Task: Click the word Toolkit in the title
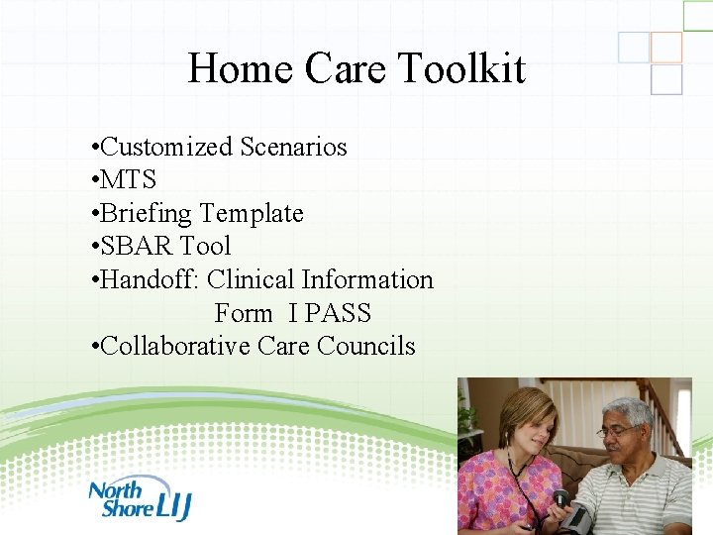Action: (461, 69)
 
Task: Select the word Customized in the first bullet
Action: (168, 148)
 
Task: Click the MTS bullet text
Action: (128, 180)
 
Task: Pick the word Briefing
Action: (146, 214)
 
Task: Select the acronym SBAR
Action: (136, 247)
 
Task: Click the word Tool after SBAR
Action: (205, 247)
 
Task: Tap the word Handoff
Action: (150, 280)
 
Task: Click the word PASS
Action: (338, 314)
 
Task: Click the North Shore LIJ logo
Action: (139, 498)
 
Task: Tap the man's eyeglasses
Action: (619, 431)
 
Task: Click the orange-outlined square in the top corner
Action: (666, 47)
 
